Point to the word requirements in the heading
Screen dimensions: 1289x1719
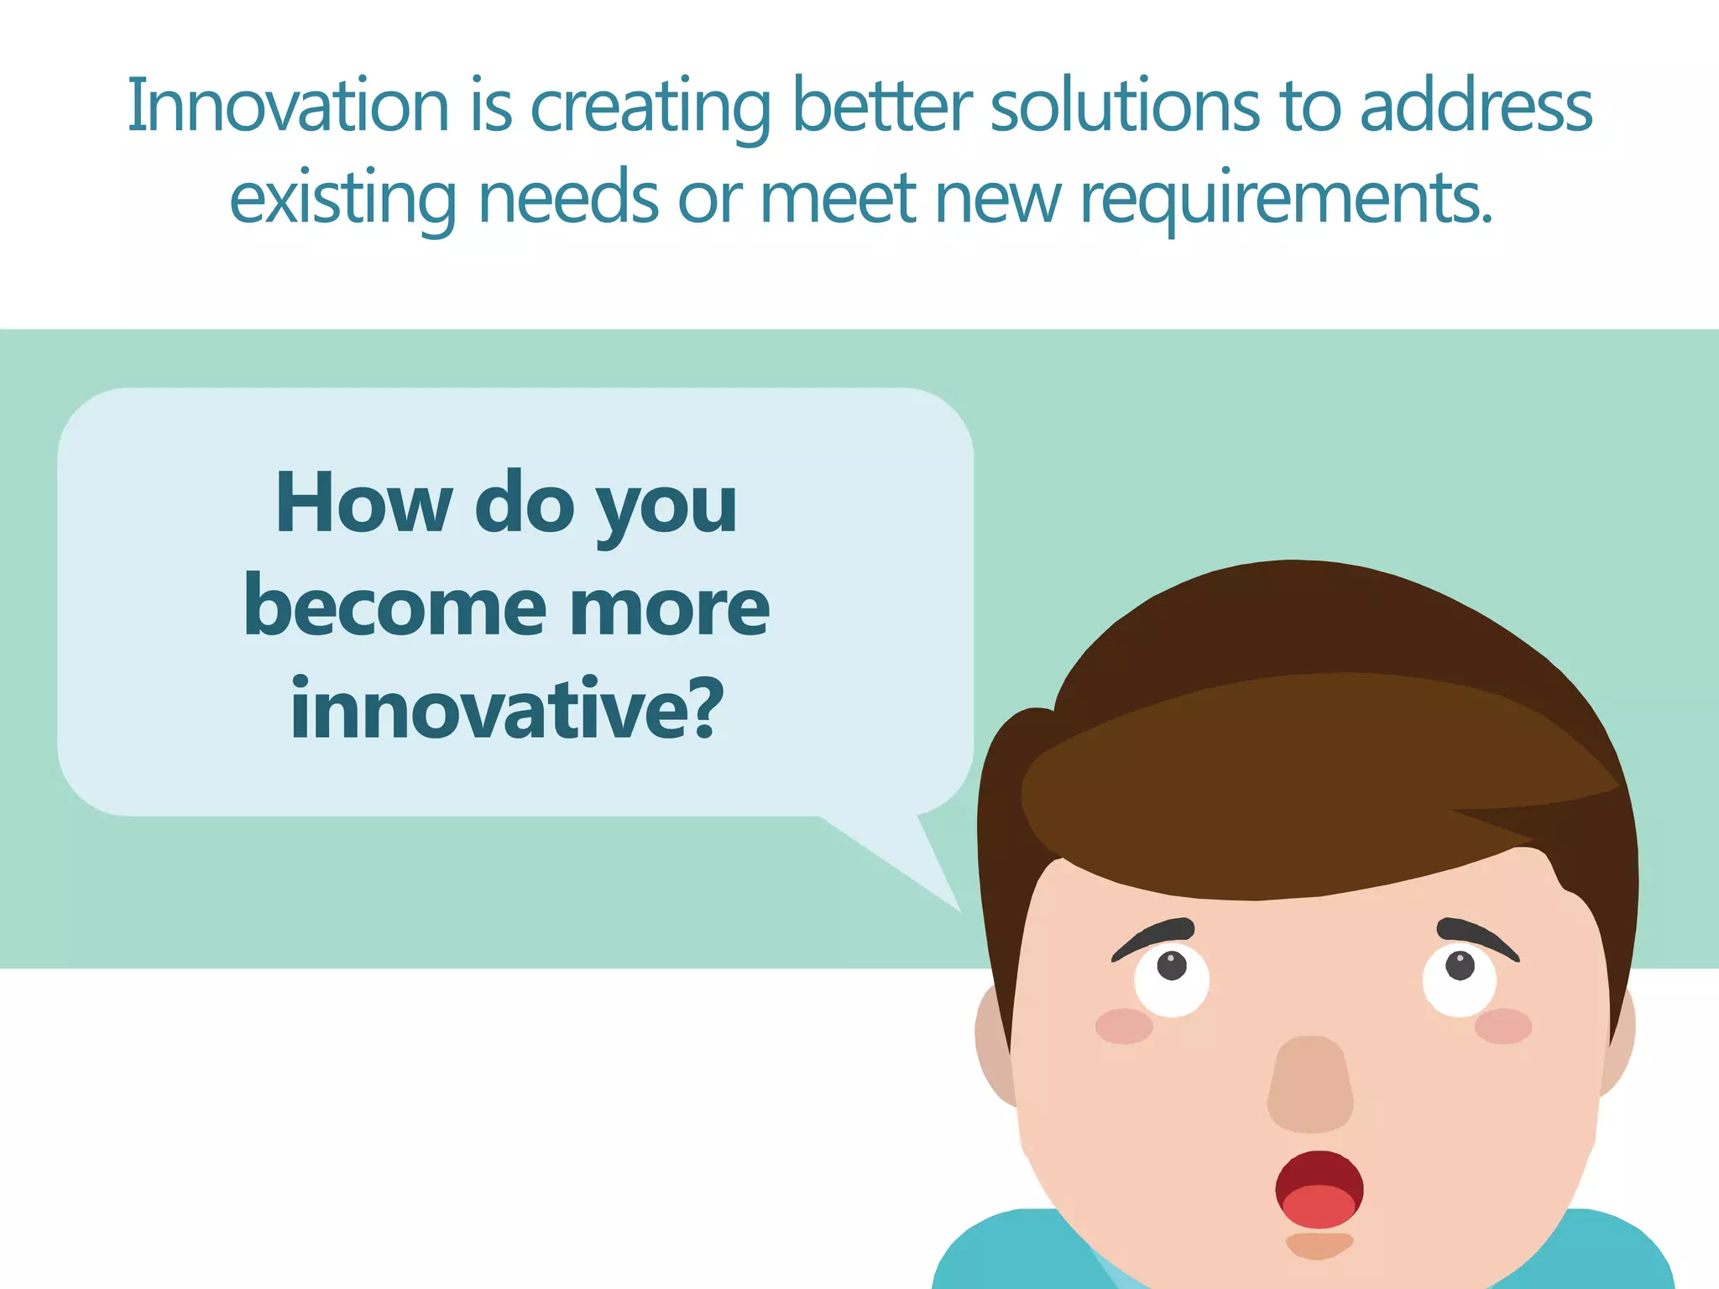click(1286, 200)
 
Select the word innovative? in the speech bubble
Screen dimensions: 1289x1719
click(506, 709)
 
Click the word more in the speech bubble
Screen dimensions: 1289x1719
click(669, 608)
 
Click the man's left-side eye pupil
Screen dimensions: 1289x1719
click(1172, 965)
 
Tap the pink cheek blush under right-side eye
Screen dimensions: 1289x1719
click(1503, 1026)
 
